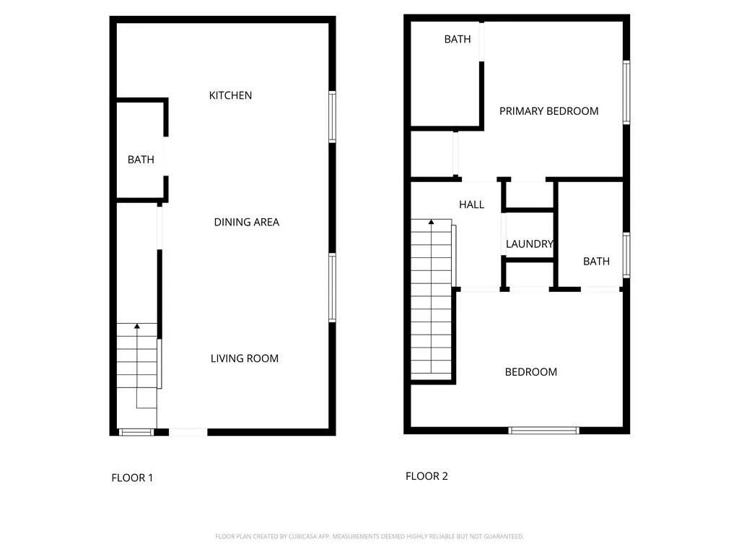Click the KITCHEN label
[x=230, y=95]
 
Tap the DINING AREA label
[x=246, y=222]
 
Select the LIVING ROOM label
[x=244, y=358]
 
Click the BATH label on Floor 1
[x=141, y=160]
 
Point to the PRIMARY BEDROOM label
[x=548, y=111]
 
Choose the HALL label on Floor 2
[x=471, y=205]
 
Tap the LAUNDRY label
[x=529, y=244]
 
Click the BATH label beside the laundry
[x=596, y=262]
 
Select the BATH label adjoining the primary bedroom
[x=457, y=39]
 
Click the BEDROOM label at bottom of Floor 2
[x=530, y=372]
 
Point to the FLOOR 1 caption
[x=132, y=478]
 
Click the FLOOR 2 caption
[x=427, y=476]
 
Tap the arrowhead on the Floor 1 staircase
[x=136, y=327]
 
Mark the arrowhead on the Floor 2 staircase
[x=432, y=223]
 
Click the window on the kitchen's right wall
[x=332, y=116]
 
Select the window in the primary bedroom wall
[x=626, y=92]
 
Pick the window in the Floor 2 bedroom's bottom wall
[x=543, y=431]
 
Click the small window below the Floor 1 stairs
[x=136, y=433]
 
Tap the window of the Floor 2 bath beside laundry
[x=626, y=255]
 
